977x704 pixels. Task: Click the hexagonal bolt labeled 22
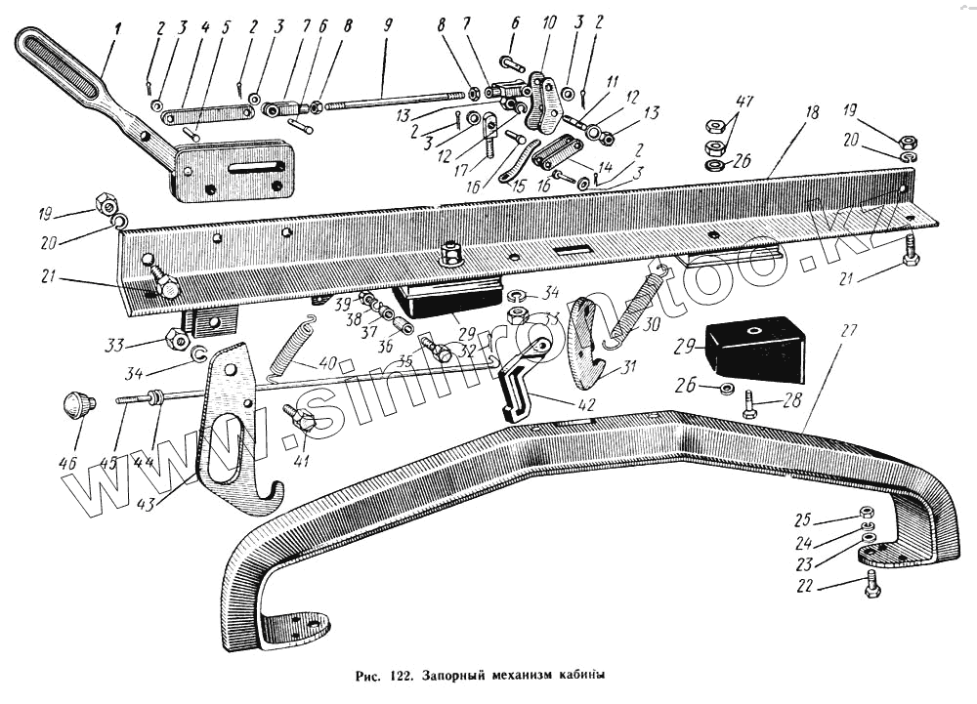pos(871,585)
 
